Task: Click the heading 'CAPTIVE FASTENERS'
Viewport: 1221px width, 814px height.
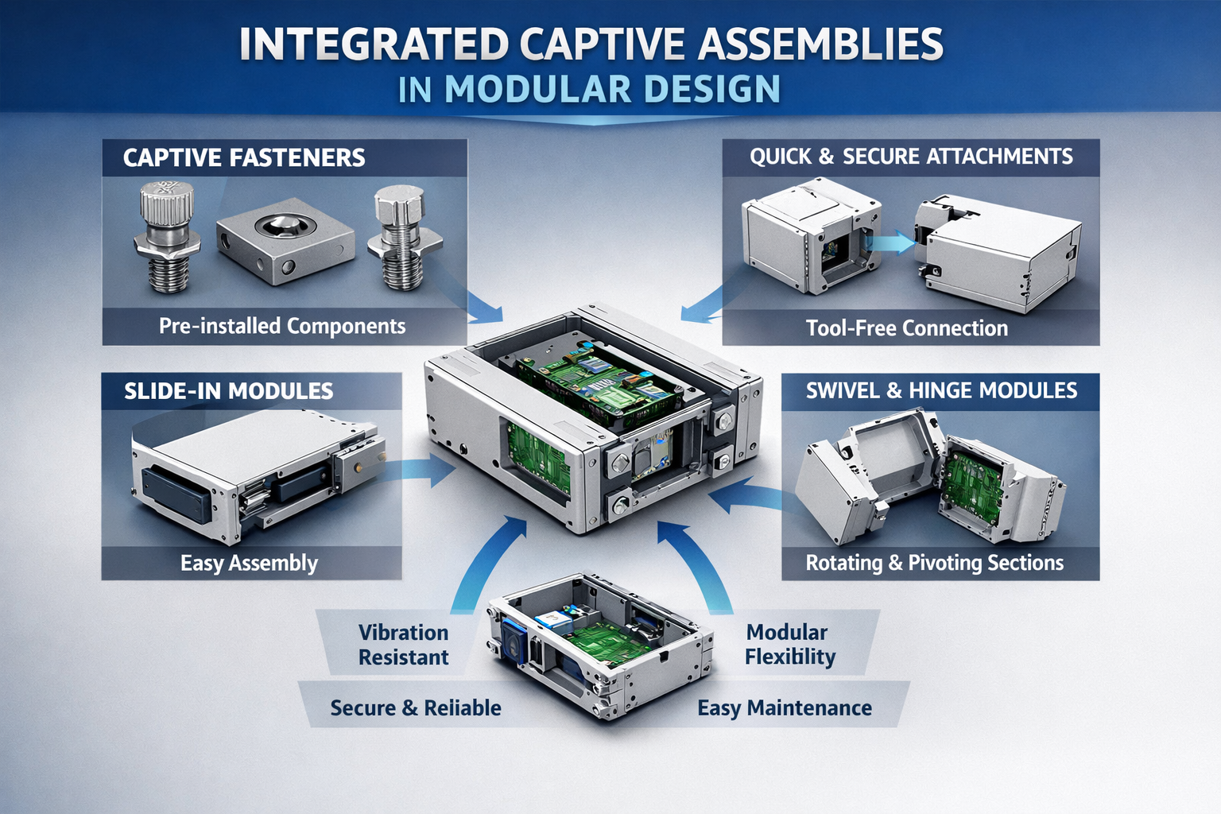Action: [x=243, y=157]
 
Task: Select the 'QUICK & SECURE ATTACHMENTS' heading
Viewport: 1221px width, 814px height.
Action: [x=911, y=157]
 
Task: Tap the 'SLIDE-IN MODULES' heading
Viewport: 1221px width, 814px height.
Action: [x=228, y=391]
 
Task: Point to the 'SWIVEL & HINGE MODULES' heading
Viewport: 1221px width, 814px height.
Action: [x=941, y=390]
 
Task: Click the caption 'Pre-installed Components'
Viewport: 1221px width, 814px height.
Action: [x=282, y=326]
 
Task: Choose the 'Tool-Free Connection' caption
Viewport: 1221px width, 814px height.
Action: [x=906, y=328]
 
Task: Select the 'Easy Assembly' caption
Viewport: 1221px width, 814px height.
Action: [x=249, y=563]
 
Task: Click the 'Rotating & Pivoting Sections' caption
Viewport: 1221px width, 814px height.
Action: [x=934, y=563]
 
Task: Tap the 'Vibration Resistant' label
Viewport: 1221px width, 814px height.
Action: [x=403, y=645]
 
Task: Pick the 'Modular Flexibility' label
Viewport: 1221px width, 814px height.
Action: [x=789, y=645]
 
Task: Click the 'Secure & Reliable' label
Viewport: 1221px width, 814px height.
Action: [x=415, y=707]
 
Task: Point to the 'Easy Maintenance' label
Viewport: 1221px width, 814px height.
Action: [x=784, y=707]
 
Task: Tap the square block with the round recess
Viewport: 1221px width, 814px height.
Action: [x=285, y=239]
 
